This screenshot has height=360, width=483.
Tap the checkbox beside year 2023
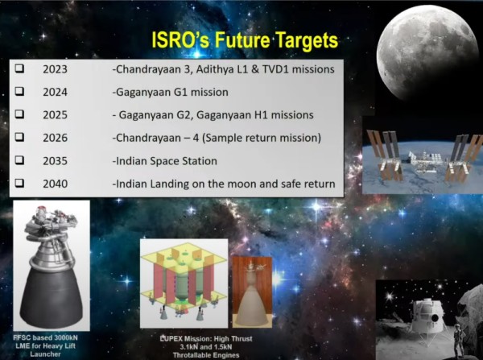click(x=19, y=70)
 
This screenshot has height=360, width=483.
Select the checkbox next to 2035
click(x=19, y=161)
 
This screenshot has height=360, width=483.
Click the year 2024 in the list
click(x=55, y=93)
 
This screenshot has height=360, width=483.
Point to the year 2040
click(x=55, y=184)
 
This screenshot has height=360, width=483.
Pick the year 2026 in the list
click(x=55, y=138)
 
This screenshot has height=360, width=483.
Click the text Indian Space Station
click(x=164, y=161)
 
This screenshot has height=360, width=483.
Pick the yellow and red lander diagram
click(x=183, y=282)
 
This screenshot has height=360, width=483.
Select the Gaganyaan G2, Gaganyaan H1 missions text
click(x=213, y=115)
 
